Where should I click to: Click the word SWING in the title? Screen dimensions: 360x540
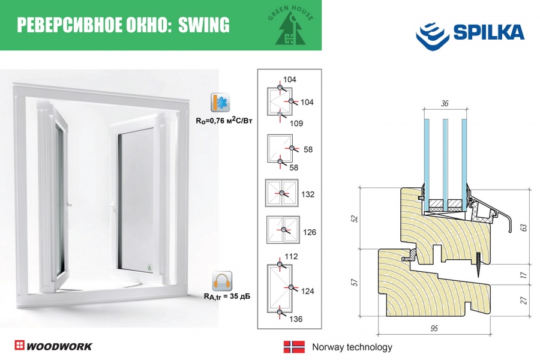(x=204, y=25)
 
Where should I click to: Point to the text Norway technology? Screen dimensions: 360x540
(x=352, y=347)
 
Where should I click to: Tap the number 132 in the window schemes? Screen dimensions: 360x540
(x=308, y=195)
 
